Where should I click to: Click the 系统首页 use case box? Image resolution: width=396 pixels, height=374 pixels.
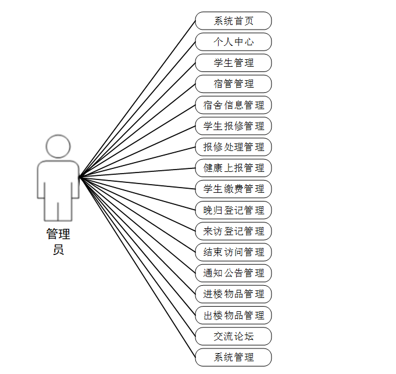(233, 21)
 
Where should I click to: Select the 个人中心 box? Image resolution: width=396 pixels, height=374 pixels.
(233, 42)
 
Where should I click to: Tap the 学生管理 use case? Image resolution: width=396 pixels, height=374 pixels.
(233, 63)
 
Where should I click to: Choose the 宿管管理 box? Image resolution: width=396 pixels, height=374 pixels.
(233, 84)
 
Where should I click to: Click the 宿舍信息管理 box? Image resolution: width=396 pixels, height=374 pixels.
(233, 105)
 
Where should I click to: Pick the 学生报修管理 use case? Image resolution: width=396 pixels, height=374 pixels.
(233, 126)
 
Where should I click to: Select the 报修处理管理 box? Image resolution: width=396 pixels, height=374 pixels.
(233, 147)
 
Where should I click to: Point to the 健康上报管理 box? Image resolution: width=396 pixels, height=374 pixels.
(233, 168)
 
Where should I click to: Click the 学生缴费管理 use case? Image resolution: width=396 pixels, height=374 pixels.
(233, 189)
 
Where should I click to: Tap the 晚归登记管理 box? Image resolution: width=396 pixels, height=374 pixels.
(233, 210)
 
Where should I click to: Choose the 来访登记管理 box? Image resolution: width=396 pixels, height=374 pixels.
(233, 231)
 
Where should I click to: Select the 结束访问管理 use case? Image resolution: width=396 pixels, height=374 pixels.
(233, 252)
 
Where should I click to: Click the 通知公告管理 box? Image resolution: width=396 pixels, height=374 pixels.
(233, 273)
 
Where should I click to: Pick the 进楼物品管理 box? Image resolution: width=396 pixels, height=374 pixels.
(233, 294)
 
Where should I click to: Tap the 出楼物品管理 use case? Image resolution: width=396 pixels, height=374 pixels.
(233, 315)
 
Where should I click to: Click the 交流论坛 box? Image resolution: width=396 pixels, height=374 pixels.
(233, 336)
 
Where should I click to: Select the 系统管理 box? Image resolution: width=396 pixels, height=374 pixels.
(233, 357)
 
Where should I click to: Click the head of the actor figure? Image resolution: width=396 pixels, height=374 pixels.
(58, 146)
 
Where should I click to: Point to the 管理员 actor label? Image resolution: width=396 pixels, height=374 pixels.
(58, 242)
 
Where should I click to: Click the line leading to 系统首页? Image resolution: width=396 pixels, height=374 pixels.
(137, 99)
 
